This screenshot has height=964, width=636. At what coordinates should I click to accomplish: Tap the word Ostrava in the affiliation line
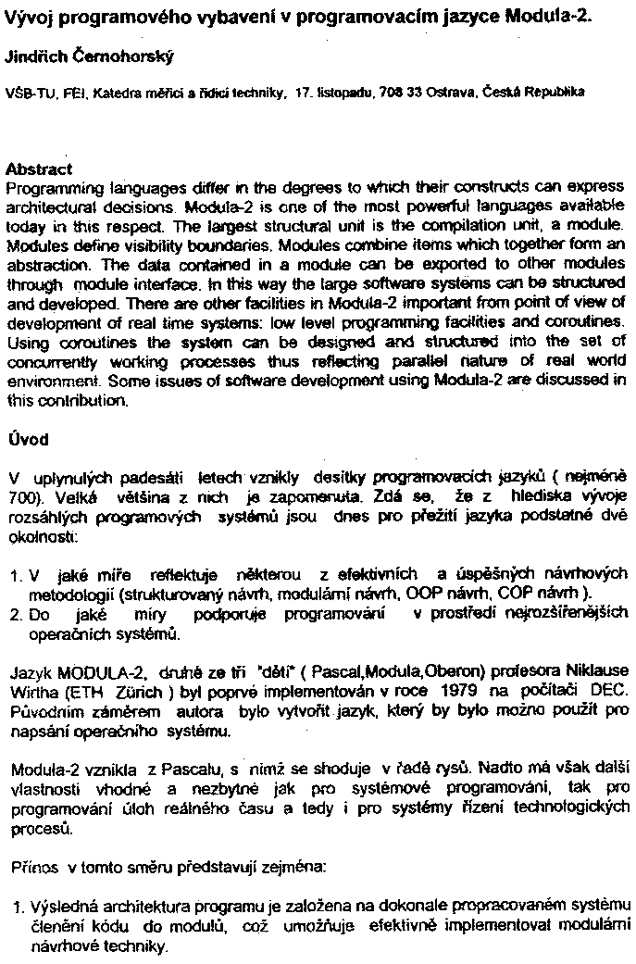pos(453,94)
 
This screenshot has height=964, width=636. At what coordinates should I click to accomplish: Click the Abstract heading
pos(38,169)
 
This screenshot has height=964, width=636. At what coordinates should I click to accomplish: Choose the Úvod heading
pos(28,437)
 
